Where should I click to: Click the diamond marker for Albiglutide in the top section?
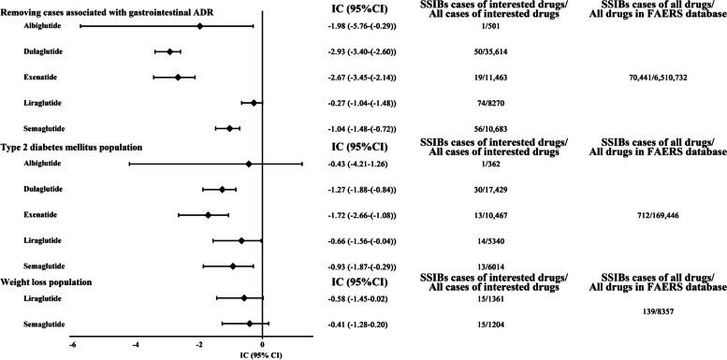[x=199, y=26]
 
